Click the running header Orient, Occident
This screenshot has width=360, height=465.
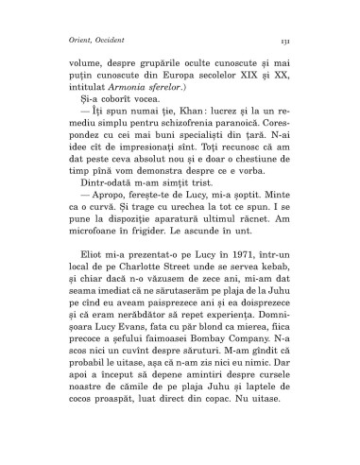coord(93,41)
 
